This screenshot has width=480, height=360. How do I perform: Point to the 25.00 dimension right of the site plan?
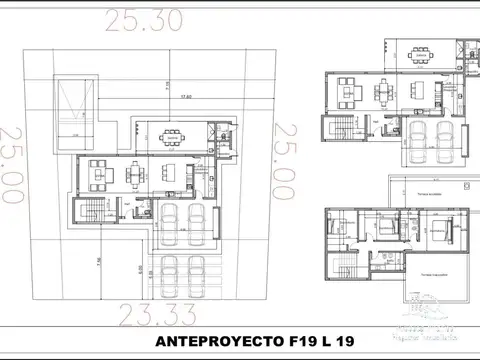pos(287,165)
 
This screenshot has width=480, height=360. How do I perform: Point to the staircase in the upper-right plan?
pos(337,130)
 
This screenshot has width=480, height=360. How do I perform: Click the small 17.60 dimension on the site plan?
pos(185,97)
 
